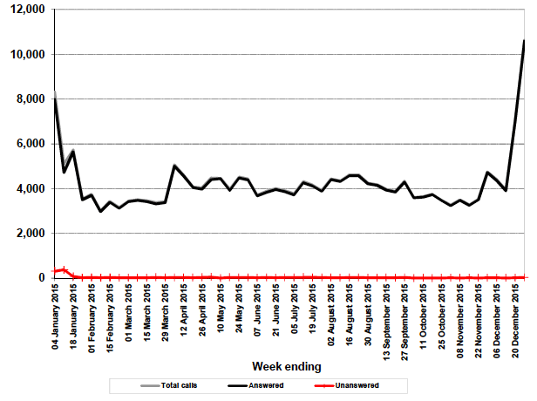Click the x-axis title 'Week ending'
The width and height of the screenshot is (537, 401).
(x=286, y=365)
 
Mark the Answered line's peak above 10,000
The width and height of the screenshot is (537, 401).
(x=524, y=40)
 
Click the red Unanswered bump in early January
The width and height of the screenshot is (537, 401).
(x=65, y=269)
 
